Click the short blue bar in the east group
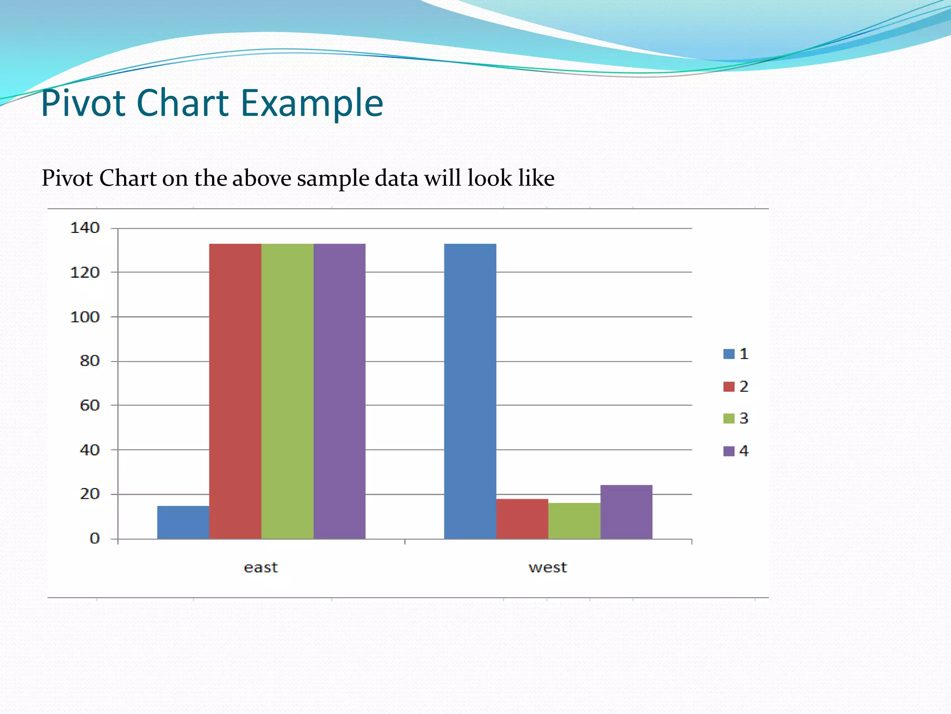[183, 522]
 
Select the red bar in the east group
[235, 391]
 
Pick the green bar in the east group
[287, 391]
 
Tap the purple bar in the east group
[339, 391]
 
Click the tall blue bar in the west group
[470, 391]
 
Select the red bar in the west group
[522, 519]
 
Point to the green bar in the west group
[574, 521]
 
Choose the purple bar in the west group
[626, 512]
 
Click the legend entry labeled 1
[736, 354]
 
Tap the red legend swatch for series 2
[729, 386]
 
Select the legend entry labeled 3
[736, 418]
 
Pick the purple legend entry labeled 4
[736, 451]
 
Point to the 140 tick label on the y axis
[85, 228]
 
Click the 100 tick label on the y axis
[85, 317]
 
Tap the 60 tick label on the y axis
[90, 405]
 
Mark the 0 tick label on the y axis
[95, 538]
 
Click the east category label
[261, 568]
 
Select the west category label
[547, 568]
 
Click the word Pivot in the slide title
[84, 103]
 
